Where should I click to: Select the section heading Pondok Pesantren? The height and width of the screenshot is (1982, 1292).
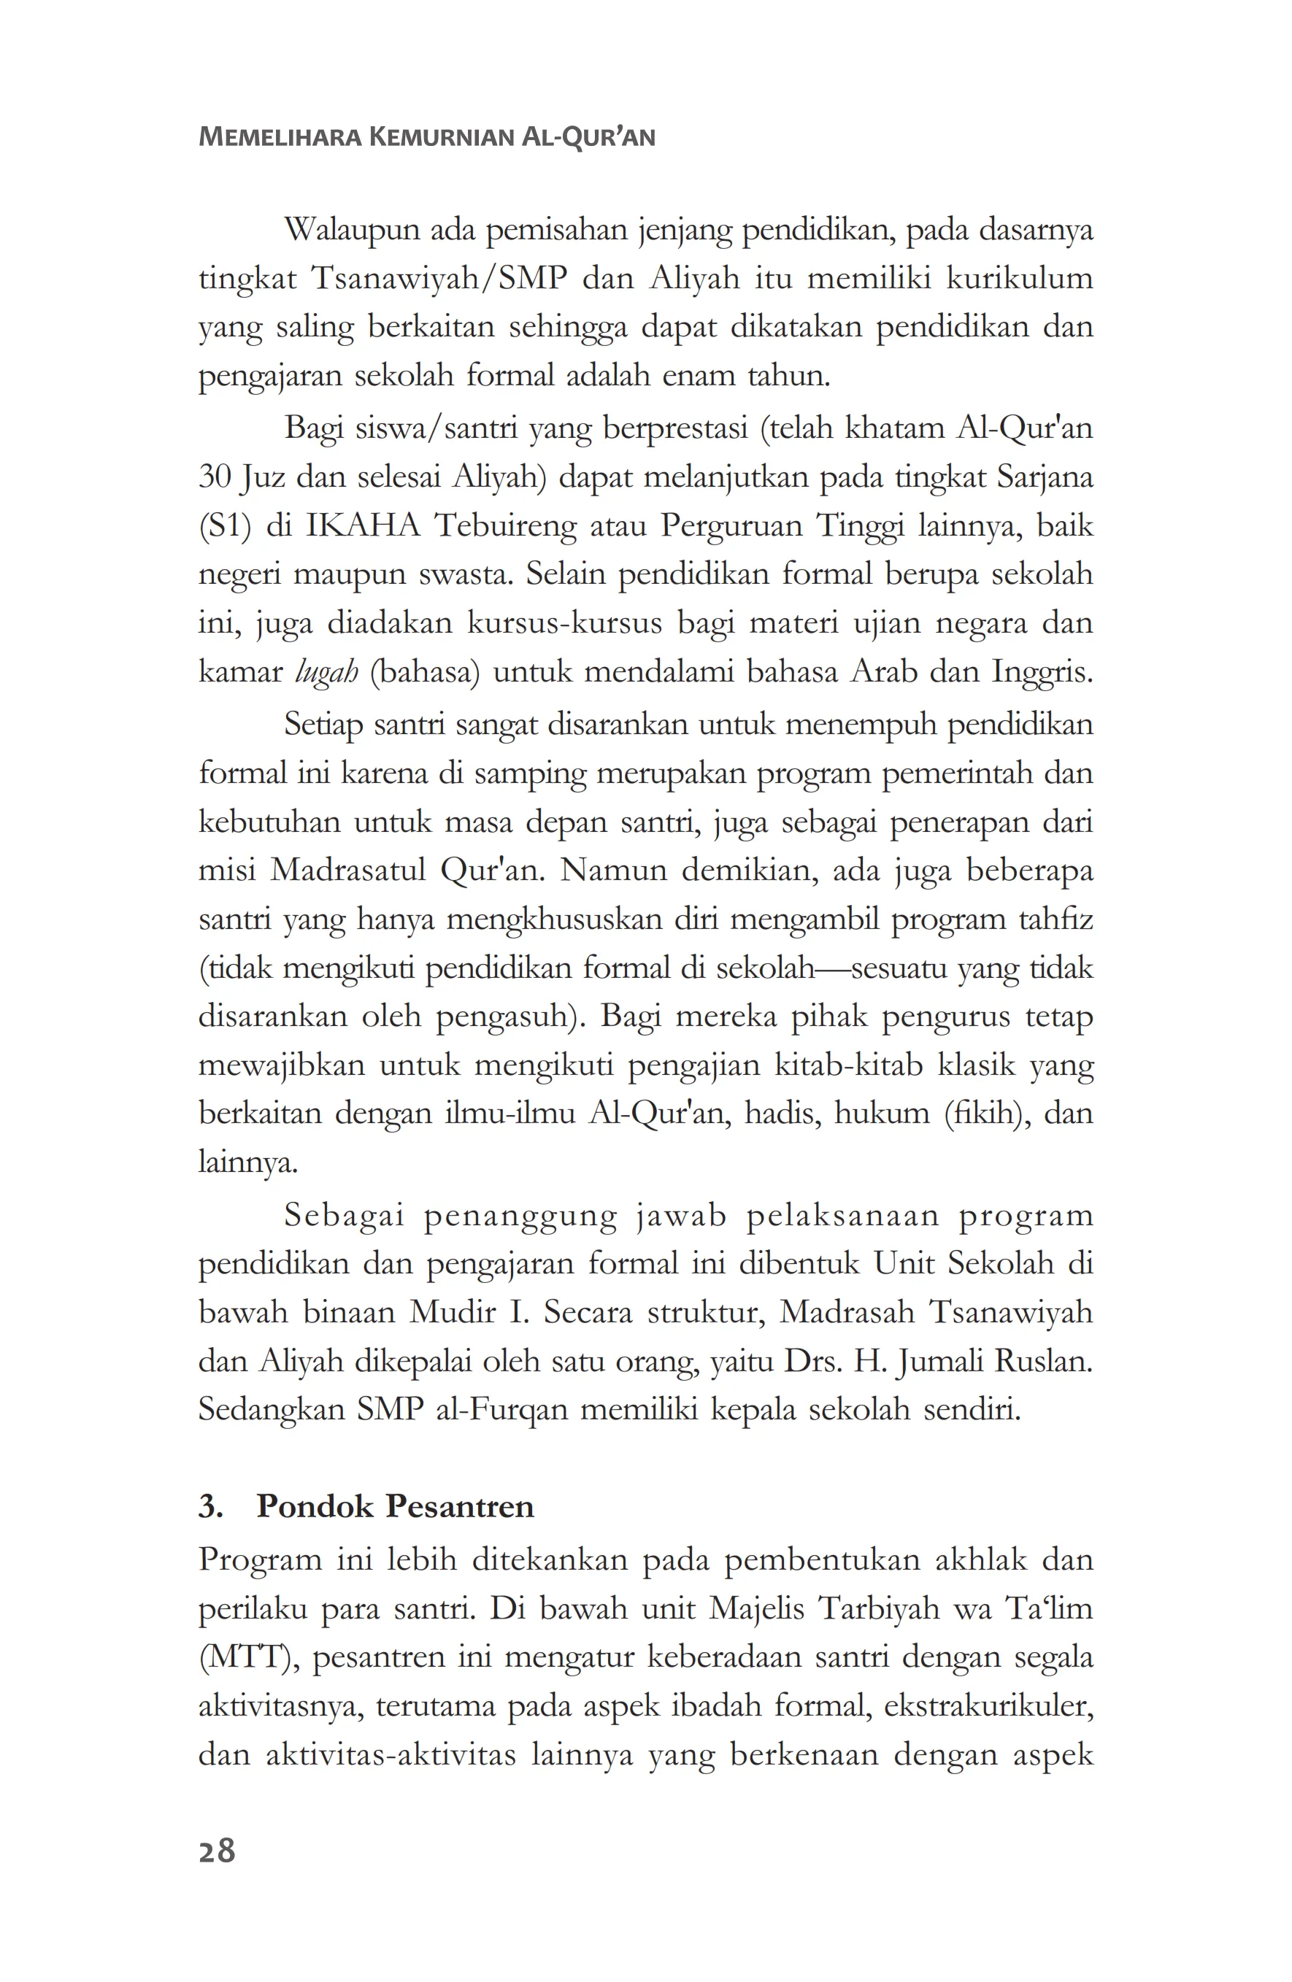click(x=395, y=1506)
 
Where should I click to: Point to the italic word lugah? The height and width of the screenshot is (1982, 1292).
click(x=326, y=672)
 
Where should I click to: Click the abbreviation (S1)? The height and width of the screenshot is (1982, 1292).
click(x=225, y=526)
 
